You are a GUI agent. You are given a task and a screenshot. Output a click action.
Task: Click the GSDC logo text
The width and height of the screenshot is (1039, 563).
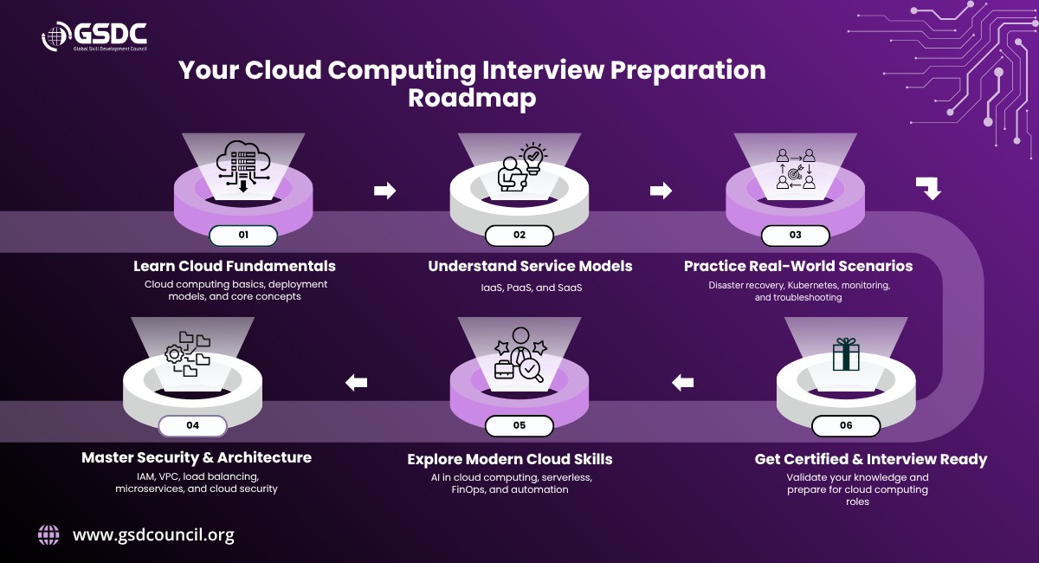coord(110,34)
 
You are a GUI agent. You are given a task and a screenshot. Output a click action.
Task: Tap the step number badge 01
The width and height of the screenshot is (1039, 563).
coord(243,236)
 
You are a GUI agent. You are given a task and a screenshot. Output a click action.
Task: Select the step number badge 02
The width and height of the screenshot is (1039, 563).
coord(519,236)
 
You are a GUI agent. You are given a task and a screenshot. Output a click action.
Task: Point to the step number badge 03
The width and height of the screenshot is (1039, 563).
coord(796,236)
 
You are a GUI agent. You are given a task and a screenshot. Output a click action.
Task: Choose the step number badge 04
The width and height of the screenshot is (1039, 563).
coord(192,425)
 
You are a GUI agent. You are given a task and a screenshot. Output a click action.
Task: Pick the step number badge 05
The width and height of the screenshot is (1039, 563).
coord(519,425)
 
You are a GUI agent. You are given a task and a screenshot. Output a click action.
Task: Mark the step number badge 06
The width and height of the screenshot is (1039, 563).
coord(846,425)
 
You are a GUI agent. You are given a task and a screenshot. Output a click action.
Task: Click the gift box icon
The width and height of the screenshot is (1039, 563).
coord(846,354)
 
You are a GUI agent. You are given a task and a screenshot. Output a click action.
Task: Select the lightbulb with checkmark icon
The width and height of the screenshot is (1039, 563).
coord(533,159)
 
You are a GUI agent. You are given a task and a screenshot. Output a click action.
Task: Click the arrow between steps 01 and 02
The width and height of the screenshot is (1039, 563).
coord(385,191)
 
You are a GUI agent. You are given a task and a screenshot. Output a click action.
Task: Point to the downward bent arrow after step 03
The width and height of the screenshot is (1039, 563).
coord(928,188)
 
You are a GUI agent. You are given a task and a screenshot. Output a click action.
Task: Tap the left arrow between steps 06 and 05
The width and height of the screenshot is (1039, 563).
coord(683,383)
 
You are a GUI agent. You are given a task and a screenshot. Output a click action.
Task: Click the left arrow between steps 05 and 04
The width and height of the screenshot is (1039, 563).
coord(356,383)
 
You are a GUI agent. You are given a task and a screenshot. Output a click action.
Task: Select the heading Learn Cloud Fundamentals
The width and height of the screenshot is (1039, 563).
coord(235,266)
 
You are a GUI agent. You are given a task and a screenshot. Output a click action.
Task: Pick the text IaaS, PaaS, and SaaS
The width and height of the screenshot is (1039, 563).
coord(532,288)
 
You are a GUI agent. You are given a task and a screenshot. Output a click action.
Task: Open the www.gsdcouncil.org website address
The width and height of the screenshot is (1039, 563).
coord(153,535)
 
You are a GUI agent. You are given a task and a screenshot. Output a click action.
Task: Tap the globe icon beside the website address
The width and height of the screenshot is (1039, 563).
coord(48,535)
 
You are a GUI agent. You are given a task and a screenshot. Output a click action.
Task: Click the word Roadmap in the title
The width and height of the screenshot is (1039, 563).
coord(472,98)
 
